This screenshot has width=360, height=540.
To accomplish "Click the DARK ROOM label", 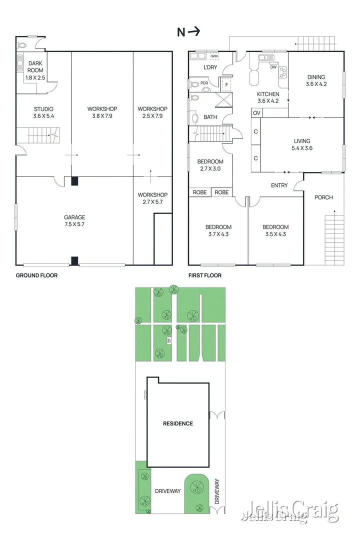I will pos(36,70).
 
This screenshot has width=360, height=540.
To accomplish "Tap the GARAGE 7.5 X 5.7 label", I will pos(74,220).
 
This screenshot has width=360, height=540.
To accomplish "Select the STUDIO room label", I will pos(43,112).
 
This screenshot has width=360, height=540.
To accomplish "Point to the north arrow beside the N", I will pos(194,32).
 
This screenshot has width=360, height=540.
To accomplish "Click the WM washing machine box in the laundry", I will pos(214,57).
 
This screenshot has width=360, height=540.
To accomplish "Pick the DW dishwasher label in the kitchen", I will pos(272,67).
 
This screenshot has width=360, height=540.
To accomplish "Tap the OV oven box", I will pos(256,113).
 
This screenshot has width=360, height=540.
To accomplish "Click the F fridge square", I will pos(227,85).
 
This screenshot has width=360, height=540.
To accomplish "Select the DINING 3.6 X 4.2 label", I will pos(316,80).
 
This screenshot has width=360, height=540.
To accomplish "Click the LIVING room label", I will pos(301,144).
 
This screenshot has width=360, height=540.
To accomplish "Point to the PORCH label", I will pos(323,197).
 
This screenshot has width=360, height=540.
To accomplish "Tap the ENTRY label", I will pos(279,186).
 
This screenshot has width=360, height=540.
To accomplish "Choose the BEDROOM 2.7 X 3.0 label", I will pos(210,165).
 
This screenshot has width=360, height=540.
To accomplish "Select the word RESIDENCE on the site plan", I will pos(177,423).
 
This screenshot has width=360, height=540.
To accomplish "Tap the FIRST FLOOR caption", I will pos(205,275).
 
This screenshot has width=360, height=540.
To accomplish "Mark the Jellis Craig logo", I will pos(289,510).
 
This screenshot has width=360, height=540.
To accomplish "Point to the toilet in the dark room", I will pos(21,63).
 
